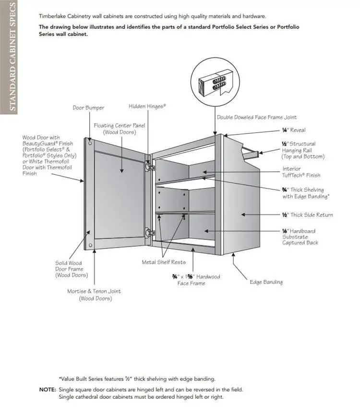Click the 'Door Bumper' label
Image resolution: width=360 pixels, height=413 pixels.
pos(88,108)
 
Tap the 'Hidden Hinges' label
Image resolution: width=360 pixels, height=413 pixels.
pos(147,106)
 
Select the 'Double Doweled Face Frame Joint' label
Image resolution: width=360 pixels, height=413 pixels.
pos(256,118)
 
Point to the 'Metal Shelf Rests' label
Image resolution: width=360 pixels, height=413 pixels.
pos(163,262)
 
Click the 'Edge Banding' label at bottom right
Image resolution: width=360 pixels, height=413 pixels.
pos(266,282)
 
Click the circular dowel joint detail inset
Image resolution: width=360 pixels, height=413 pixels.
pos(215,81)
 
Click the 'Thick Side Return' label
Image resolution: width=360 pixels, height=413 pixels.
pos(307,215)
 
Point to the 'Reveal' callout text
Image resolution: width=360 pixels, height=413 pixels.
pos(293,130)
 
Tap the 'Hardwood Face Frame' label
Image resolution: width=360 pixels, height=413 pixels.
pos(196,280)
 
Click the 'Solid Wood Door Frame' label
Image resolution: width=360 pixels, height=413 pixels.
pos(68,269)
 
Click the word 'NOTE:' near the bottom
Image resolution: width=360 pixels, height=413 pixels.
pos(48,389)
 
